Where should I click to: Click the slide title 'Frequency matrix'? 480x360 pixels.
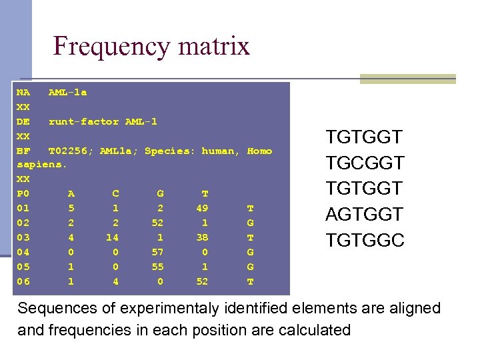(x=151, y=46)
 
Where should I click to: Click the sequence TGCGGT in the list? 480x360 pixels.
(x=364, y=163)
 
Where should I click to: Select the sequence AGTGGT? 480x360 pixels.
(x=364, y=214)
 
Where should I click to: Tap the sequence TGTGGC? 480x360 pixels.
(x=365, y=240)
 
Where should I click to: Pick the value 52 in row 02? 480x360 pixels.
(x=157, y=223)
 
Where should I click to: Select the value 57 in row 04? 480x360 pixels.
(x=157, y=253)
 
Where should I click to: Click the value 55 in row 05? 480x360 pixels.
(x=157, y=267)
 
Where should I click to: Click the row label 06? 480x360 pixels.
(x=23, y=282)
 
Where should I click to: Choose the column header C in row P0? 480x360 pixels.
(x=115, y=194)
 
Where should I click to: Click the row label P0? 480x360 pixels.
(x=23, y=194)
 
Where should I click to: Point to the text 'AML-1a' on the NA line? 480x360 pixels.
(x=67, y=93)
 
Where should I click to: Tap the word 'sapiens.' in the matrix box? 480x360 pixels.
(x=42, y=165)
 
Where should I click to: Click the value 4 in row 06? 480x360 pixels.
(x=115, y=282)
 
